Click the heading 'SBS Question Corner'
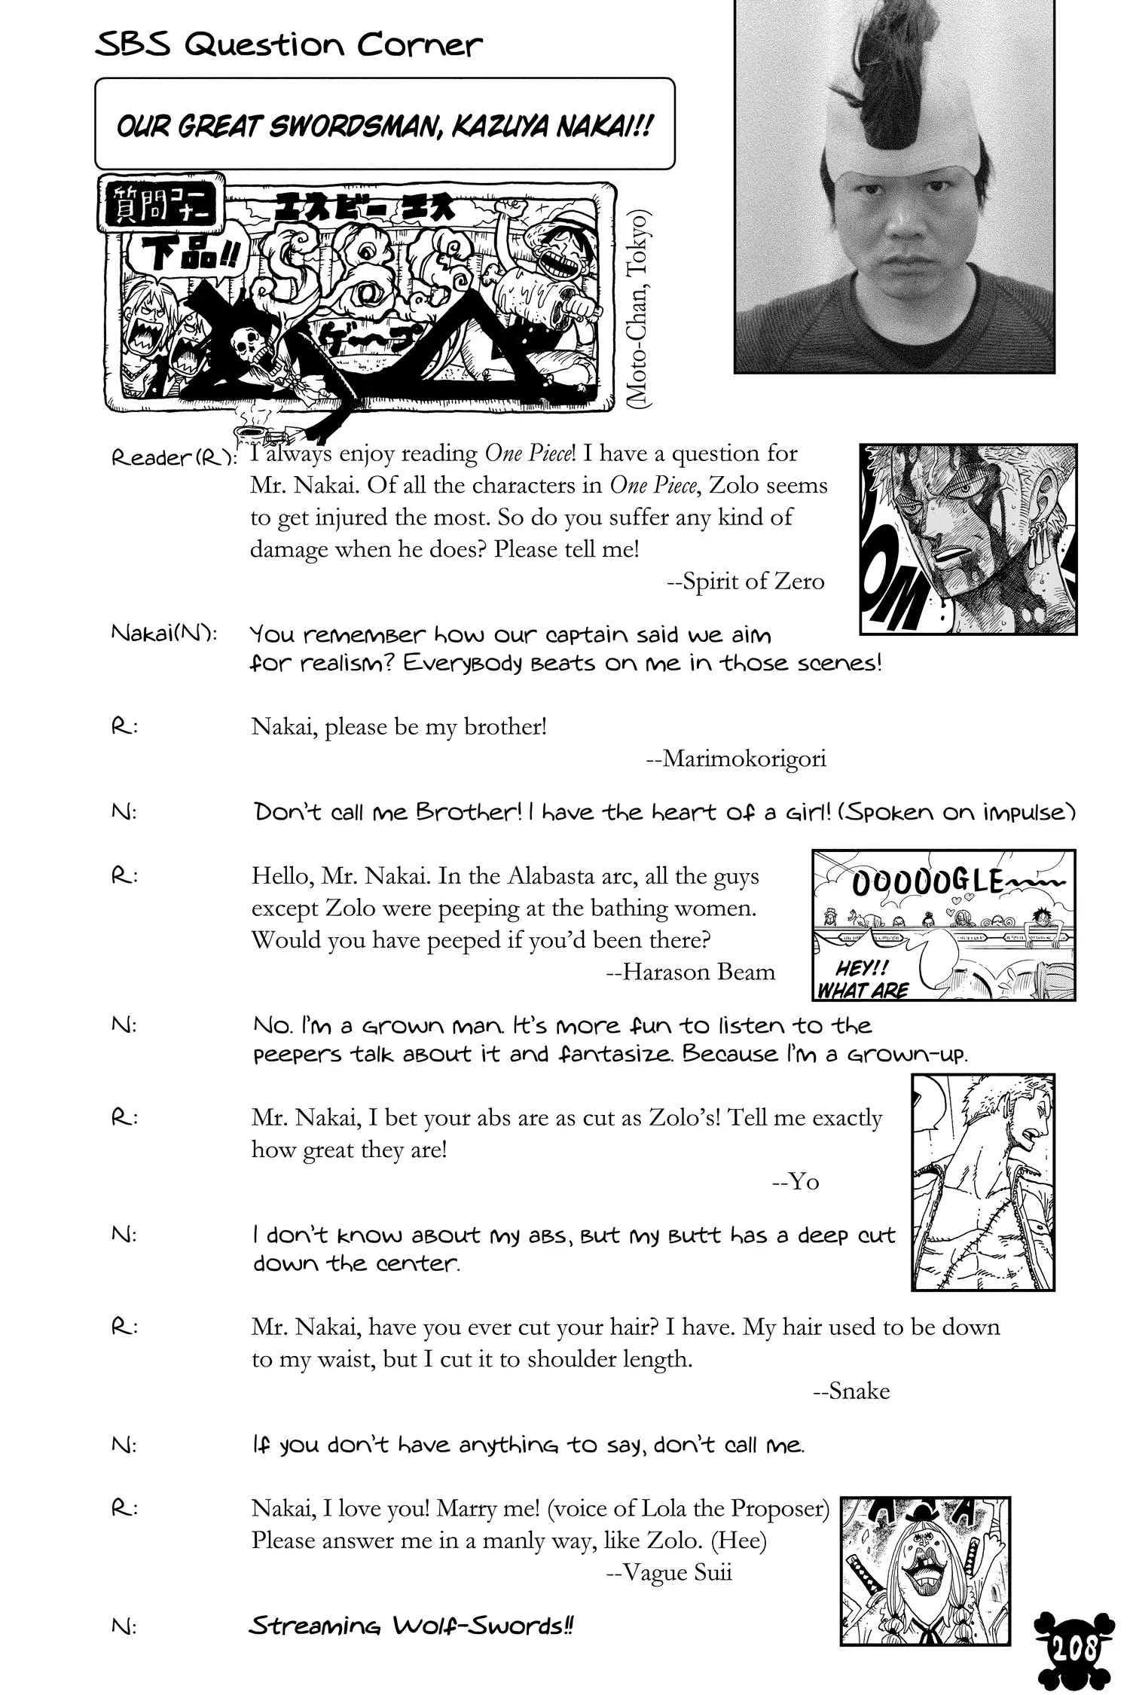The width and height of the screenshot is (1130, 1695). pos(289,46)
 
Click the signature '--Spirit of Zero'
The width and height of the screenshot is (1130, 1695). pos(745,582)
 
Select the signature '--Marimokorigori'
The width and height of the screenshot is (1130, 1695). pos(736,759)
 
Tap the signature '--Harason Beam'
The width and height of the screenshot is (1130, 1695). pos(690,972)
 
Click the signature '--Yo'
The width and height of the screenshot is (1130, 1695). pos(796,1181)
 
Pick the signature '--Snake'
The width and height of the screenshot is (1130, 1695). pos(851,1391)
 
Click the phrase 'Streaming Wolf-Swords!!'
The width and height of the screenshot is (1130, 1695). pos(411,1626)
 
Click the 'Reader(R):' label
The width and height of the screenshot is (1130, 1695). pos(174,457)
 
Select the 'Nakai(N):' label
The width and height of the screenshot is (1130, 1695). pos(164,634)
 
